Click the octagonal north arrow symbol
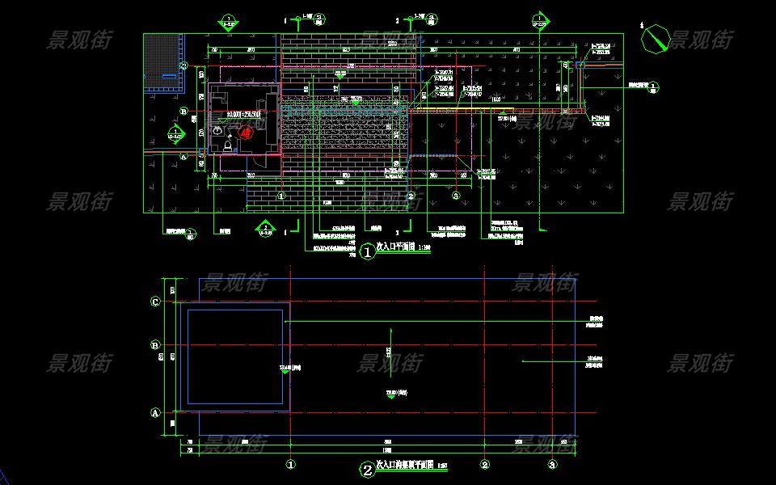pos(655,38)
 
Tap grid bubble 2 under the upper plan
pos(411,196)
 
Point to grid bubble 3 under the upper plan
pos(456,196)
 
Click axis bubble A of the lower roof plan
pos(156,412)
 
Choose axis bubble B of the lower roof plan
pos(156,345)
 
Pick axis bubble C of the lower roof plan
pos(156,302)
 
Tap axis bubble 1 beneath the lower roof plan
pos(291,464)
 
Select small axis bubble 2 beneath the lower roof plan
pos(485,464)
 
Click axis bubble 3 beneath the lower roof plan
pos(552,464)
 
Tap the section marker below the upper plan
pos(265,226)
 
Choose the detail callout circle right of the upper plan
pos(654,86)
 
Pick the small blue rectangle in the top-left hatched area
pos(170,76)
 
